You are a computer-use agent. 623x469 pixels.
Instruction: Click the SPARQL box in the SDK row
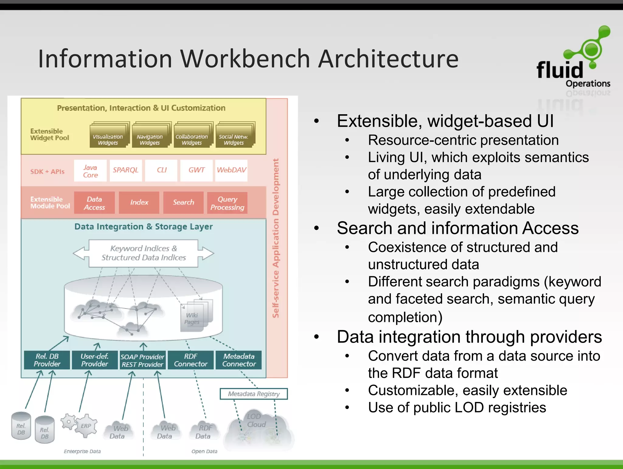click(x=126, y=170)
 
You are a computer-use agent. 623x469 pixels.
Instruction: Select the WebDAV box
click(x=231, y=170)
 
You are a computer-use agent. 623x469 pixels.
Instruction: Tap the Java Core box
click(x=90, y=171)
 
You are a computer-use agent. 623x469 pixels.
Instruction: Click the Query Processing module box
click(x=227, y=203)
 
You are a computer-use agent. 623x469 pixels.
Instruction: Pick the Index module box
click(x=139, y=203)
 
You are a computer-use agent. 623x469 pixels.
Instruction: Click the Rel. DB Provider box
click(x=47, y=360)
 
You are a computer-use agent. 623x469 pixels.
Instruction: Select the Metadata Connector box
click(x=239, y=360)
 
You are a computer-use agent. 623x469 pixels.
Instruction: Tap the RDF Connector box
click(x=191, y=360)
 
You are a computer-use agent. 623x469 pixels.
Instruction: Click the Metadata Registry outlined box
click(x=254, y=394)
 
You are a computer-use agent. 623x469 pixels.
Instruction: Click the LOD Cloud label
click(x=256, y=421)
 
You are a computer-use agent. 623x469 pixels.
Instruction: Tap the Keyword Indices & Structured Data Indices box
click(x=143, y=253)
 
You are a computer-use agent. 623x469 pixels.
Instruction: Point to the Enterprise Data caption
click(x=82, y=451)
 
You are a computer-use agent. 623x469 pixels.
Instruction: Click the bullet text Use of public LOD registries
click(x=457, y=407)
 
